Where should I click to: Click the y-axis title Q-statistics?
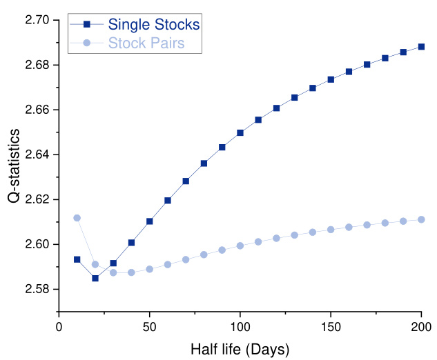point(15,166)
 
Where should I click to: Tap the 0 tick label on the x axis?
point(59,326)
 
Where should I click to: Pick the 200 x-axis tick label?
point(421,326)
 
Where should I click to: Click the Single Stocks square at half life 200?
point(421,47)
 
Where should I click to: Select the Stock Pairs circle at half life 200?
point(421,219)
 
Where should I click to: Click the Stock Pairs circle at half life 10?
point(77,218)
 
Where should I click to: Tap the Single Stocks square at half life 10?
point(77,259)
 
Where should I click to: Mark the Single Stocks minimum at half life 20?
point(95,278)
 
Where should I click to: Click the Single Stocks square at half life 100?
point(240,132)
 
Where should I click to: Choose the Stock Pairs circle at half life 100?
point(240,246)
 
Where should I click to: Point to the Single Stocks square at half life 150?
point(331,79)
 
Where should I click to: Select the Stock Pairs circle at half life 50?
point(150,269)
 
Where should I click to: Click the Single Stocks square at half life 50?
point(150,221)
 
